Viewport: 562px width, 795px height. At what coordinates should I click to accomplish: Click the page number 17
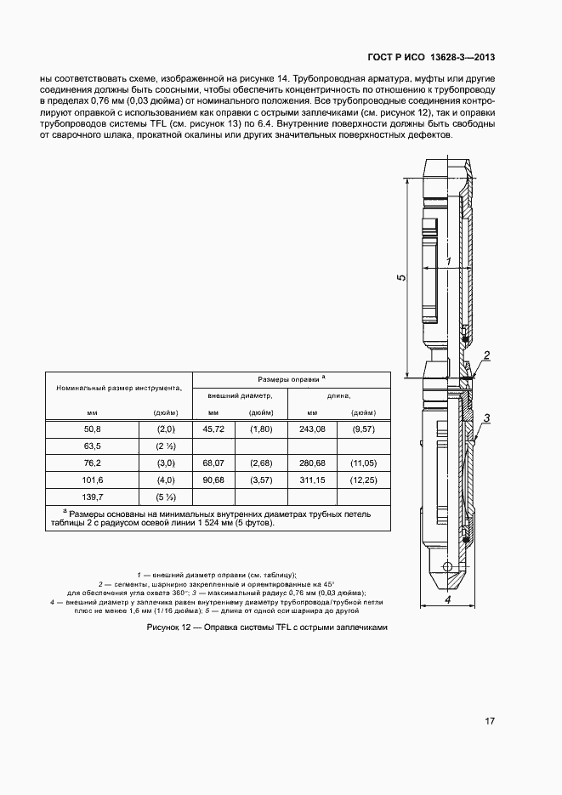coord(490,722)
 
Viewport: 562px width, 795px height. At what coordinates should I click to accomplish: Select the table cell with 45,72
coord(213,429)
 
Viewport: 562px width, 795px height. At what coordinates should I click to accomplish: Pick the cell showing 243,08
coord(313,429)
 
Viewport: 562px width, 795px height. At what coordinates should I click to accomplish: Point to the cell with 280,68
coord(313,463)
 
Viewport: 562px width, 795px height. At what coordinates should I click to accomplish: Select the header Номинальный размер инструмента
coord(119,388)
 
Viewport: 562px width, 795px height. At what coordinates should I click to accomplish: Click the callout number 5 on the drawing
coord(401,277)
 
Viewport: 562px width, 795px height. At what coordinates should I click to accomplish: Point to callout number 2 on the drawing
coord(486,355)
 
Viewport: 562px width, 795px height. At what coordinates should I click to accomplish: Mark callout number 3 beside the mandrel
coord(487,417)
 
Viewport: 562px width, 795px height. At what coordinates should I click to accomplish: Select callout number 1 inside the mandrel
coord(447,262)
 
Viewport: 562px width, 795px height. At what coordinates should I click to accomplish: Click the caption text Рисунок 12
coord(267,627)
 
